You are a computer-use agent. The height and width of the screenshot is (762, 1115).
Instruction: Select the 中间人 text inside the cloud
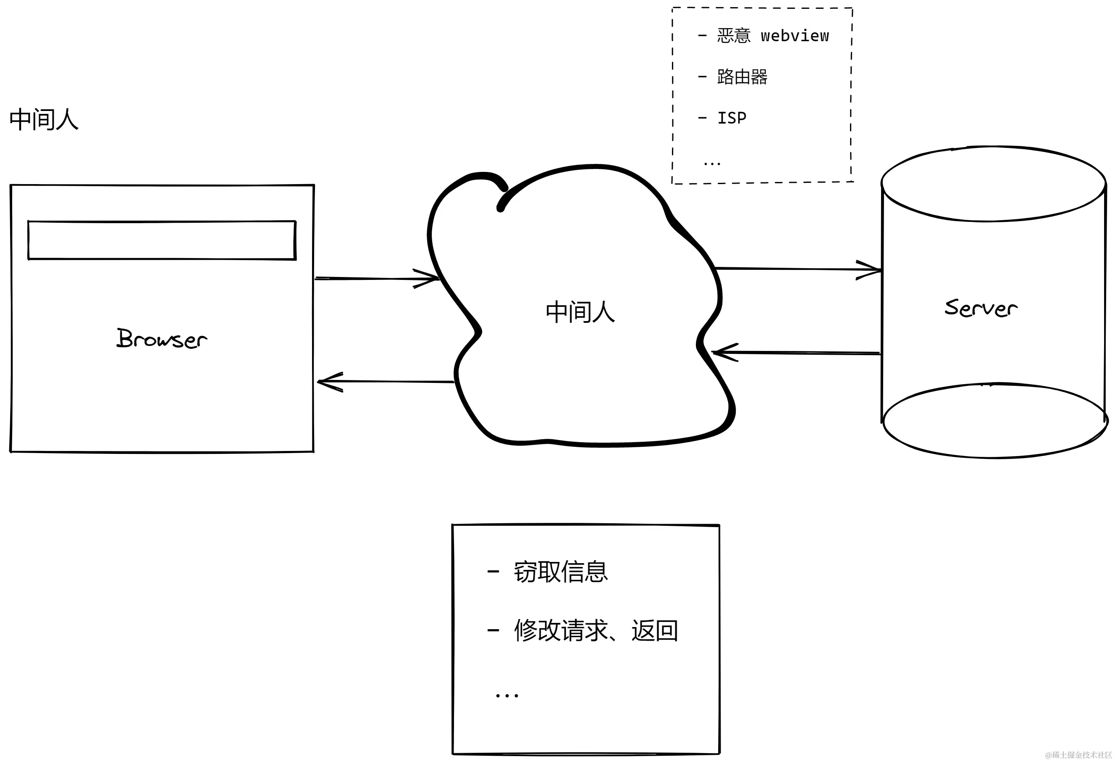[x=580, y=312]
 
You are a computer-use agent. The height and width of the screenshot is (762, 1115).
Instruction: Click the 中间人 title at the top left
[x=44, y=119]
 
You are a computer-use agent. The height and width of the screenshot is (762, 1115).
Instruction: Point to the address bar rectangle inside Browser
[x=162, y=240]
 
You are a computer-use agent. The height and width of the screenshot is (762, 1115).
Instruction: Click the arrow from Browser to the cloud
[x=377, y=279]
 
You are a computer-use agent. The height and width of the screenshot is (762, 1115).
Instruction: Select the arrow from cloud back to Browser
[x=386, y=382]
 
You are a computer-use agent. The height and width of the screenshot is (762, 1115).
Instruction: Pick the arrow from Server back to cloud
[x=796, y=353]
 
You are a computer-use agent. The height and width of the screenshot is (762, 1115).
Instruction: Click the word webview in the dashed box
[x=795, y=36]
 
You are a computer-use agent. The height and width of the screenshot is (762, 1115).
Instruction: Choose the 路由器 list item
[x=742, y=77]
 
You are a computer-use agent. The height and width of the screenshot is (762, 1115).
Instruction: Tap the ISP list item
[x=731, y=118]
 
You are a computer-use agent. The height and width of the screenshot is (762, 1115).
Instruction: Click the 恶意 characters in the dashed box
[x=733, y=36]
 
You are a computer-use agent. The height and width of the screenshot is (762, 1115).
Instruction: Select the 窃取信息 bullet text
[x=560, y=572]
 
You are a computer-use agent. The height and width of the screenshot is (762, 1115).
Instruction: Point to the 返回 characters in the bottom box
[x=654, y=630]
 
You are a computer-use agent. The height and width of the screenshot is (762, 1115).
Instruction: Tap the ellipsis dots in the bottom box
[x=506, y=695]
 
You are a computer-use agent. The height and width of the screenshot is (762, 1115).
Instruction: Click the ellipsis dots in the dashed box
[x=712, y=164]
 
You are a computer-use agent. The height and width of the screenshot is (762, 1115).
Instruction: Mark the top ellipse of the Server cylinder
[x=993, y=184]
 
